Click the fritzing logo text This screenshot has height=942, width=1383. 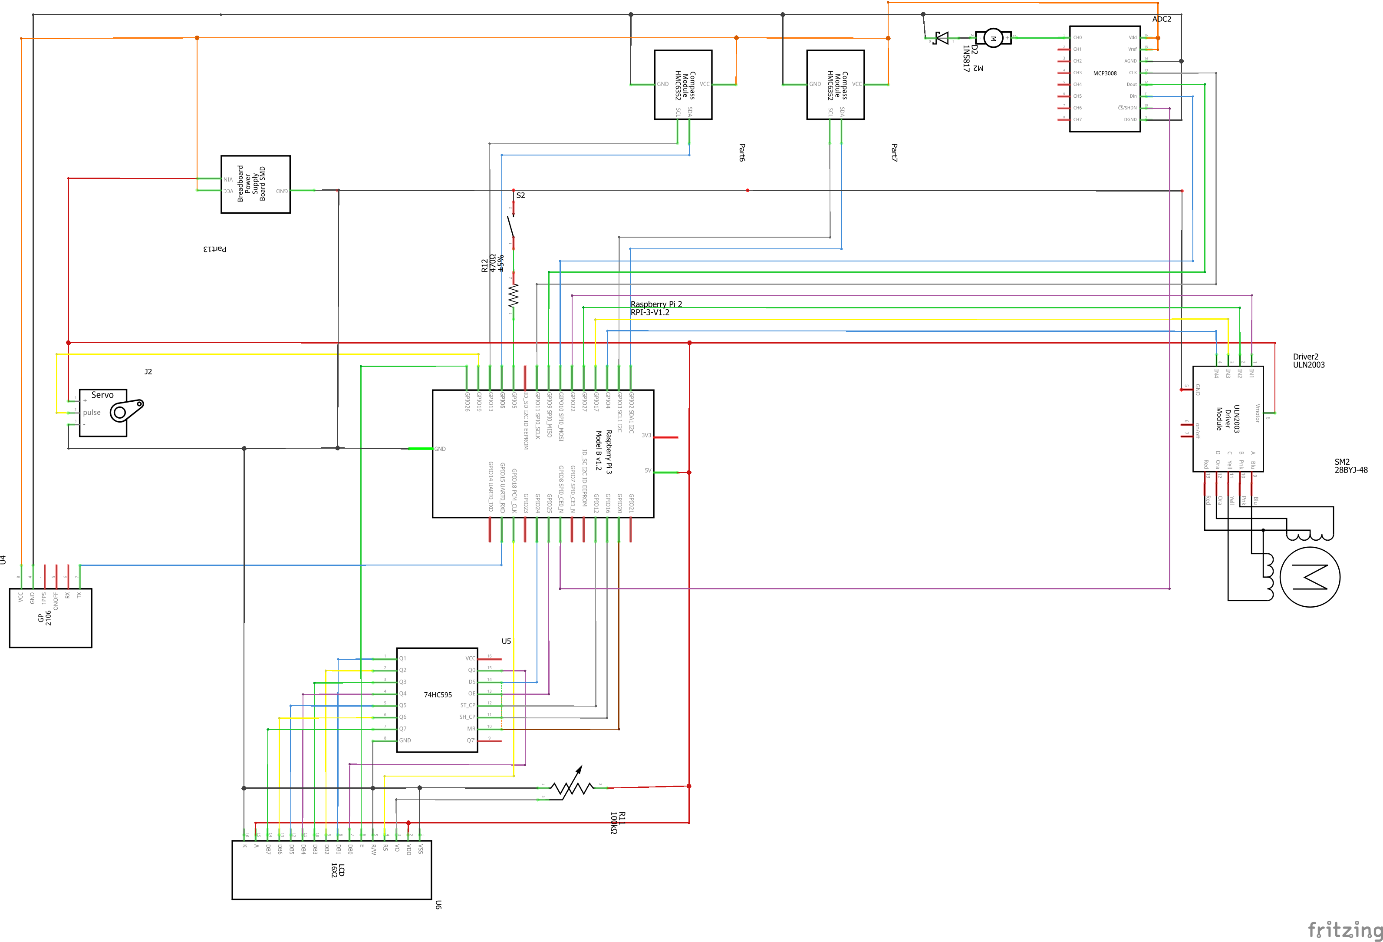tap(1344, 929)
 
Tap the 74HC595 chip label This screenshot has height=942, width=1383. tap(438, 695)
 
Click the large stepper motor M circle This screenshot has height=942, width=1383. tap(1309, 576)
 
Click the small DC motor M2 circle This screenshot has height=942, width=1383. tap(993, 38)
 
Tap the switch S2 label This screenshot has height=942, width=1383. tap(521, 195)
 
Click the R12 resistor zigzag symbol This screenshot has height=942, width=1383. tap(513, 296)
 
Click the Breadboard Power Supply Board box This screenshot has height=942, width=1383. tap(255, 184)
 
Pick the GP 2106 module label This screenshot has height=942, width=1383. tap(45, 618)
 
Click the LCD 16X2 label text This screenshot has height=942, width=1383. tap(337, 870)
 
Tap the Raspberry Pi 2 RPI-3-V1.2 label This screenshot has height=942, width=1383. tap(656, 308)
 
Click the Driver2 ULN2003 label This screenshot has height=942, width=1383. tap(1309, 361)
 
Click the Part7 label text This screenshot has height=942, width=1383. tap(894, 152)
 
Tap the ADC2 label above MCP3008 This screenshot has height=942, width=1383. tap(1161, 19)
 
